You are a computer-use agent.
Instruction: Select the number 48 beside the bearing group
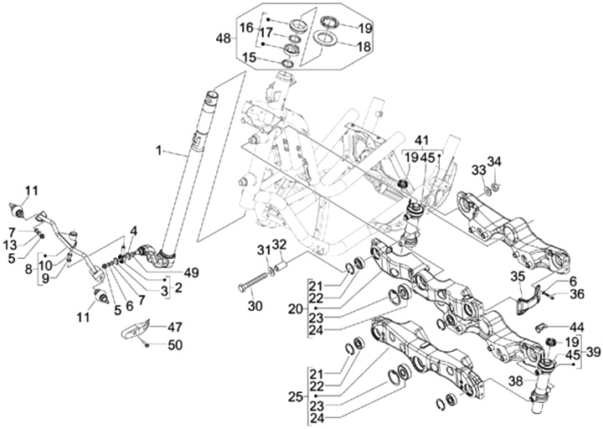point(224,39)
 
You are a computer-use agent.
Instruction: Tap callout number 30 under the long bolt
point(255,306)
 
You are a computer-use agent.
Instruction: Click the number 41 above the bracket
point(420,139)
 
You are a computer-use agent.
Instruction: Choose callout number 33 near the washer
point(478,170)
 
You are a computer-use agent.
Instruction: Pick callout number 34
point(494,162)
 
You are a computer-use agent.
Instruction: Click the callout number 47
point(174,327)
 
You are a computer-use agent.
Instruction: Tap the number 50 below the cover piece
point(173,345)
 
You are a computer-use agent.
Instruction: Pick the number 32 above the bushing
point(278,244)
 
